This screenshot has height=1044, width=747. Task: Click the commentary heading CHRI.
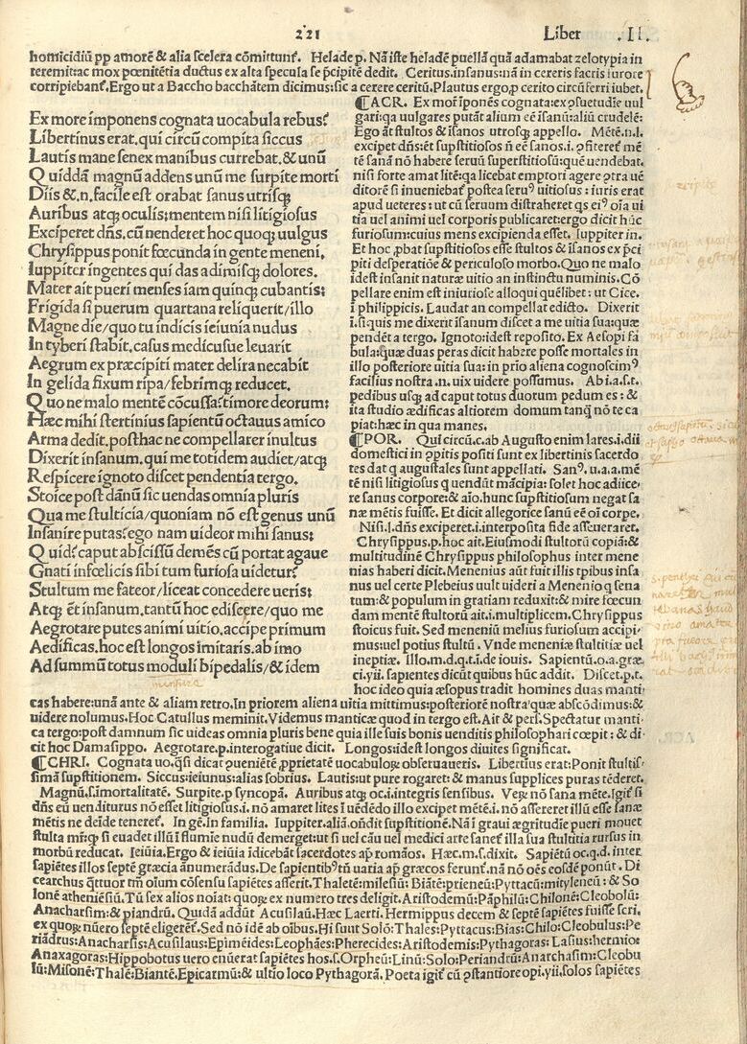pos(52,764)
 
